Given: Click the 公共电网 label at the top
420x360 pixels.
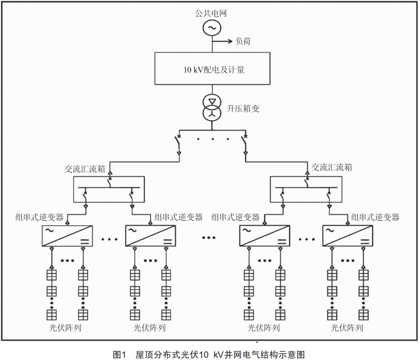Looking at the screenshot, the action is (211, 13).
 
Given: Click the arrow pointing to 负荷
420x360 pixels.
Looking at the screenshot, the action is (222, 41).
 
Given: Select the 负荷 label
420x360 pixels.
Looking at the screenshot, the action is (243, 41).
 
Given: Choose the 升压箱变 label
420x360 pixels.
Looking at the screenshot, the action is (243, 108).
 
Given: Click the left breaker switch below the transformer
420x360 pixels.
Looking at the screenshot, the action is (178, 145).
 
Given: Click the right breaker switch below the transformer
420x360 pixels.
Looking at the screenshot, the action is (245, 145).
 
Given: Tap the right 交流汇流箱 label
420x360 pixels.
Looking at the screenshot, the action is (331, 168).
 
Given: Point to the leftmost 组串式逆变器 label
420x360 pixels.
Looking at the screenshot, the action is (39, 217).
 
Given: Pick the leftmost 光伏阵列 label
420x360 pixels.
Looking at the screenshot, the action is (65, 327).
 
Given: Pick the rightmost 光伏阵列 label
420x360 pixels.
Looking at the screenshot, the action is (347, 327).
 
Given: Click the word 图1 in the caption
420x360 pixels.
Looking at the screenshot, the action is (120, 355).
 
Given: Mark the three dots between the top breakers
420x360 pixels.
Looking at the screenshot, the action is (213, 139).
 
